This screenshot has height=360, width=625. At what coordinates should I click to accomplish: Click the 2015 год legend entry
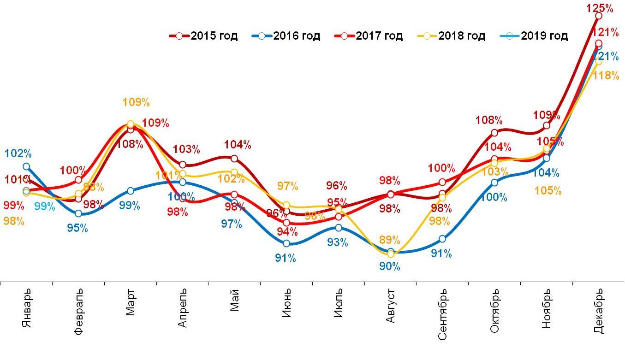point(203,36)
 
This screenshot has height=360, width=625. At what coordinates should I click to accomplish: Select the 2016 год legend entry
point(286,36)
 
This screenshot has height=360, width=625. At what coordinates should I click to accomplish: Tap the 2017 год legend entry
point(369,36)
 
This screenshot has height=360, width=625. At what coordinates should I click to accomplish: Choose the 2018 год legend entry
point(451,36)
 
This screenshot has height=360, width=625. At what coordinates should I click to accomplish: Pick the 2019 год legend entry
point(534,36)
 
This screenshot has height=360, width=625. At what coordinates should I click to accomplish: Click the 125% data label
point(600,8)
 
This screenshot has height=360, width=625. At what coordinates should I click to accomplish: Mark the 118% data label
point(606,76)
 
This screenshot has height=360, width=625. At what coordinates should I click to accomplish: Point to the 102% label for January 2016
point(18,153)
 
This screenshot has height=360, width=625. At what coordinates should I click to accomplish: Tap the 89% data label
point(390,240)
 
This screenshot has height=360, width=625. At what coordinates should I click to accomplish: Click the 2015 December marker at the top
point(599,16)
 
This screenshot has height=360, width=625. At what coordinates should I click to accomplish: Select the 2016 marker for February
point(78,213)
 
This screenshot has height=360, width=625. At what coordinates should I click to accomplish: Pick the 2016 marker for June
point(286,243)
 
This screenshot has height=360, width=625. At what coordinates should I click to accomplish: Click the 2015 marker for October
point(494,133)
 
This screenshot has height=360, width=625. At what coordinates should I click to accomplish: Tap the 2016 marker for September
point(442,239)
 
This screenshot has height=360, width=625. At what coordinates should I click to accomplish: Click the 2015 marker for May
point(234,159)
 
